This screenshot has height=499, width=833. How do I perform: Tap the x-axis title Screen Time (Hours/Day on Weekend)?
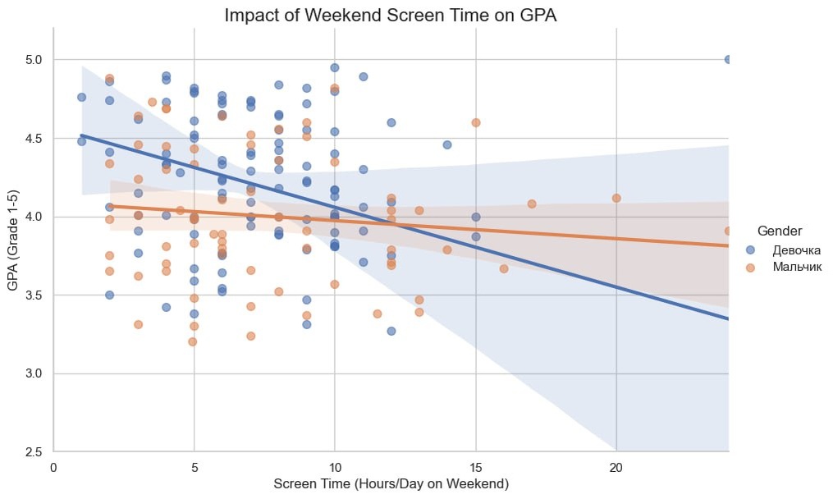[391, 484]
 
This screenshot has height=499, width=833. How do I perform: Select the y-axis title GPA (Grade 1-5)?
[14, 240]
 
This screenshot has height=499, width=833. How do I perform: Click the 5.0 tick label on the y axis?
[33, 60]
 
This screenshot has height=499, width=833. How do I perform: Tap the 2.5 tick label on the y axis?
[33, 452]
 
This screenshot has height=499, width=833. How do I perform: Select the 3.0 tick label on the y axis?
[33, 373]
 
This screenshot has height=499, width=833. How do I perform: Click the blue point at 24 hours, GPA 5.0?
[728, 59]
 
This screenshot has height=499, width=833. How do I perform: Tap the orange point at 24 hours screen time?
[728, 231]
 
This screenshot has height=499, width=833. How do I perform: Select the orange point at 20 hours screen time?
[616, 198]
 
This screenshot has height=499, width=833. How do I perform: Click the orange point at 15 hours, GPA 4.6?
[475, 122]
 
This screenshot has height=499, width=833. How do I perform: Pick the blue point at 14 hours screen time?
[447, 144]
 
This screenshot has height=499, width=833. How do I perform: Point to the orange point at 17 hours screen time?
[532, 204]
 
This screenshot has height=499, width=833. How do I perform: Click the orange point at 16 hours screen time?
[504, 268]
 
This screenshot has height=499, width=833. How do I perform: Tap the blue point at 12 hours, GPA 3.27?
[391, 331]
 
